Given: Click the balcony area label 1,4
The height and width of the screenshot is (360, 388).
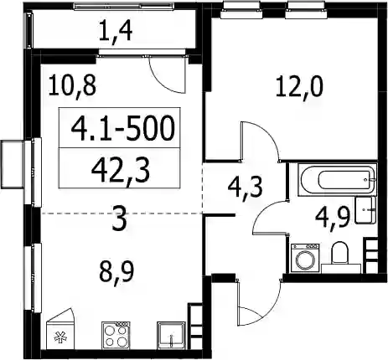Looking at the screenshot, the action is (116, 32).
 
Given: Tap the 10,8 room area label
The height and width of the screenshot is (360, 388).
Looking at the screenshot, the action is (72, 86).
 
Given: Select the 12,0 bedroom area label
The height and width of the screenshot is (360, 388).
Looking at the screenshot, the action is (299, 87).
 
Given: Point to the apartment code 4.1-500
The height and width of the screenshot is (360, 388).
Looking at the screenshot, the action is (123, 129).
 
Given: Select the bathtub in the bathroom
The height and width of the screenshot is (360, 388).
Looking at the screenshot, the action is (338, 180).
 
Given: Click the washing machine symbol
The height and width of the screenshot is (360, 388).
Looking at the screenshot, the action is (305, 258).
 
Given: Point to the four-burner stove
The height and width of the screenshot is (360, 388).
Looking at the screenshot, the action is (116, 335).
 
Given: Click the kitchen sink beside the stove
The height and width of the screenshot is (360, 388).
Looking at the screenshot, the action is (171, 335).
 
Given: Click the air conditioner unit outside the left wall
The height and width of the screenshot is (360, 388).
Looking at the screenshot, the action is (13, 165).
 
